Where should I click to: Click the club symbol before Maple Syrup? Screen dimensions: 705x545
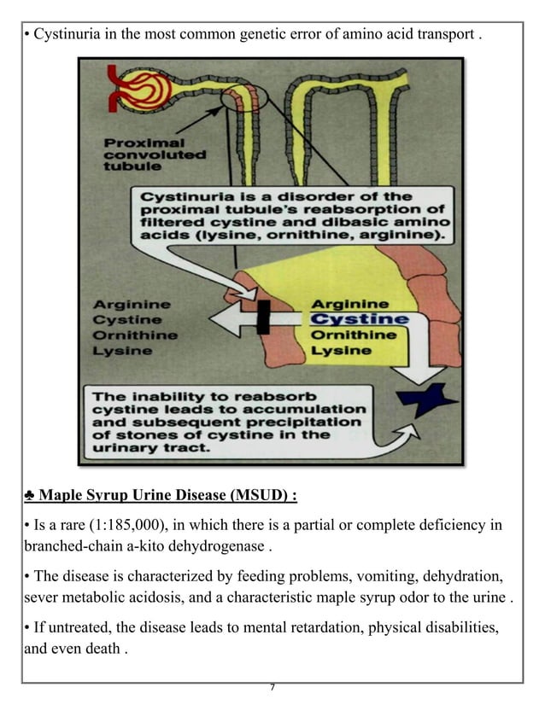click(x=29, y=496)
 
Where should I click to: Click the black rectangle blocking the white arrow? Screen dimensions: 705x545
click(x=263, y=318)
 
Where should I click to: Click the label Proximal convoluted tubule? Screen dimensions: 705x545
click(x=154, y=155)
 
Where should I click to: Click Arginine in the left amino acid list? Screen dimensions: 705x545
click(x=132, y=305)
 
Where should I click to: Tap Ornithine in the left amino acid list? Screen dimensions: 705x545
click(x=135, y=335)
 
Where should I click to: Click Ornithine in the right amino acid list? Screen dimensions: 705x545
click(x=353, y=335)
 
